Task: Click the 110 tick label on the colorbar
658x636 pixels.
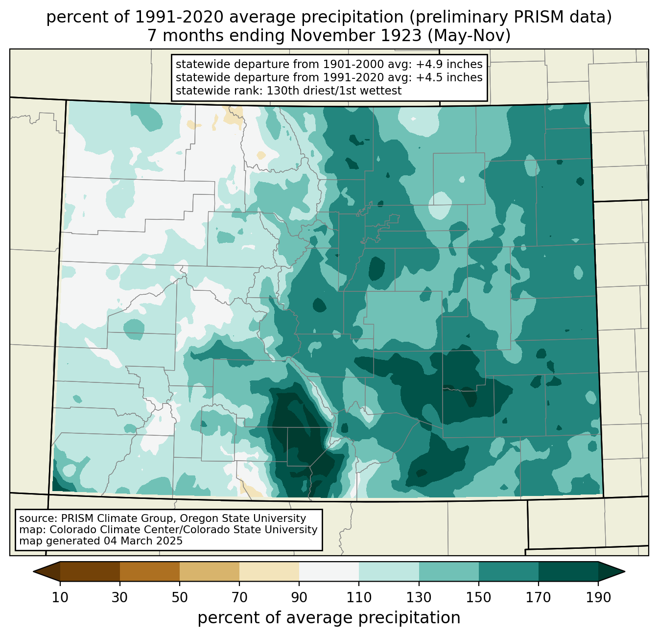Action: [x=359, y=597]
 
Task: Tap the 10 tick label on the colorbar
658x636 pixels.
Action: [x=60, y=597]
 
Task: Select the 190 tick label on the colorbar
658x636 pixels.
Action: [x=598, y=597]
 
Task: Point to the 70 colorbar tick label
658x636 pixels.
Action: [x=239, y=597]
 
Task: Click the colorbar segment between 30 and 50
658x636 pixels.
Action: [x=149, y=571]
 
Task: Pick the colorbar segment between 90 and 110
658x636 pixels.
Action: [x=329, y=571]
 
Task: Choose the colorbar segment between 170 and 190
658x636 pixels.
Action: [x=568, y=571]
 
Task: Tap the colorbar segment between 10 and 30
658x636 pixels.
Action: [x=90, y=571]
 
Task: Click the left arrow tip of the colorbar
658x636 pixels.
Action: [x=33, y=571]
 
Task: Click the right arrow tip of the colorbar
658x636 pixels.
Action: [x=625, y=571]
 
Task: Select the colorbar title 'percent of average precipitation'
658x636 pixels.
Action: [x=329, y=618]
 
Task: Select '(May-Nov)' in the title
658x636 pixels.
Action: [x=469, y=36]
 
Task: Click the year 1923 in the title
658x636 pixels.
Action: [x=403, y=36]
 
